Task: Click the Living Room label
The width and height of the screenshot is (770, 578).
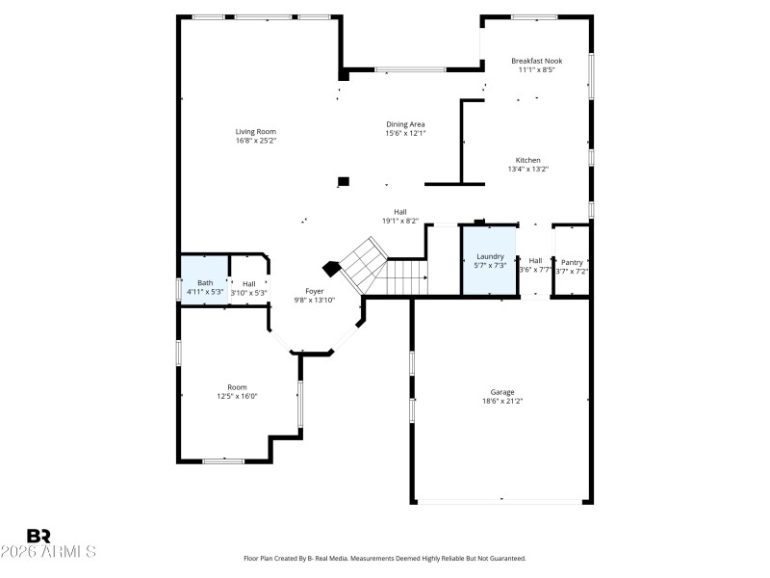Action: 256,131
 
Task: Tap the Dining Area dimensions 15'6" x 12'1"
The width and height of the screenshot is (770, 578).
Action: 405,133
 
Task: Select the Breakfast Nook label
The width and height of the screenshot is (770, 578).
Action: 537,61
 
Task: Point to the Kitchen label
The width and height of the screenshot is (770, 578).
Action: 527,160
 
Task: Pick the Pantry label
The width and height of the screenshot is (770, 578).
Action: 572,262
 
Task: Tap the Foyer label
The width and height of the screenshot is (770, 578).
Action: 315,291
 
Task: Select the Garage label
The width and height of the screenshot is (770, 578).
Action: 502,392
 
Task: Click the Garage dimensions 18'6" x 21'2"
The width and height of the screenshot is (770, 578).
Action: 502,402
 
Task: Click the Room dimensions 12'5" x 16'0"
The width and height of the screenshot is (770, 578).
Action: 237,396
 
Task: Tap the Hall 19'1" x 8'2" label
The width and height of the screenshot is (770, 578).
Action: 399,212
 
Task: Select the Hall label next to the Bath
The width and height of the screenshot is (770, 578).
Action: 248,283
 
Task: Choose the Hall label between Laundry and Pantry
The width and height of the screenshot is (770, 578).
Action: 535,260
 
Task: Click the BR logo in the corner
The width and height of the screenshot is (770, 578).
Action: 38,536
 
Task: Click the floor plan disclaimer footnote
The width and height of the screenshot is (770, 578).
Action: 384,559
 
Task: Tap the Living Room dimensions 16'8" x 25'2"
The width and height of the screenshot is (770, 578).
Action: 256,141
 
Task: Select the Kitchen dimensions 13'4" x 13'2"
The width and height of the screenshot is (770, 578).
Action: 527,170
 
